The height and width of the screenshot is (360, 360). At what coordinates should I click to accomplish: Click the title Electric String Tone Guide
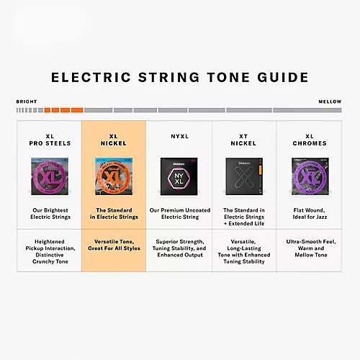180,78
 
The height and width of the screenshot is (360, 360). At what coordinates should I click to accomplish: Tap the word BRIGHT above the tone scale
26,102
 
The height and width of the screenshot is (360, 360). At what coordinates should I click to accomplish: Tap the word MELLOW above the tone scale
330,102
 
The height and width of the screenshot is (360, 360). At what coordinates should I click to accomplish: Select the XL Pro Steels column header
50,139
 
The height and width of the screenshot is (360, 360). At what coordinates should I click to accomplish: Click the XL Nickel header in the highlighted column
114,139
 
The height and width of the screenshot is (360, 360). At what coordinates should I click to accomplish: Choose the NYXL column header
179,135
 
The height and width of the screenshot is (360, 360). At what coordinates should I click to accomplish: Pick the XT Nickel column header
243,139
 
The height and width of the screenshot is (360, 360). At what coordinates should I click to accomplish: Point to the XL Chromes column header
310,139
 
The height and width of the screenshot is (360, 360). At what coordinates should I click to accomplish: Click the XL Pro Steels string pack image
50,177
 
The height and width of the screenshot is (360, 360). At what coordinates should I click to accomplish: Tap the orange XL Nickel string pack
114,177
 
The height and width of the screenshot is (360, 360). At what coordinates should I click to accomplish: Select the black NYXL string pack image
179,177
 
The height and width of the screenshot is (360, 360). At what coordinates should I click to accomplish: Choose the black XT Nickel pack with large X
243,177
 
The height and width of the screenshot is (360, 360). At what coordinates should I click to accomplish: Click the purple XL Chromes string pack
310,177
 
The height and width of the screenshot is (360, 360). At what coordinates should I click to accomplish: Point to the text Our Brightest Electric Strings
50,213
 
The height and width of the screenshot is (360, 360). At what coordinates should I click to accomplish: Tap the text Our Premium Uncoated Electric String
179,213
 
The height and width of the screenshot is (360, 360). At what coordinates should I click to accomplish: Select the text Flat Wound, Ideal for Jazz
310,213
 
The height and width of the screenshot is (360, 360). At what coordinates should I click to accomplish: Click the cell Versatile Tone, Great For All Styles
114,245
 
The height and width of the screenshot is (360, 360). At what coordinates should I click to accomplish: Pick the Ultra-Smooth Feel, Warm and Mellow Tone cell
310,248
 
